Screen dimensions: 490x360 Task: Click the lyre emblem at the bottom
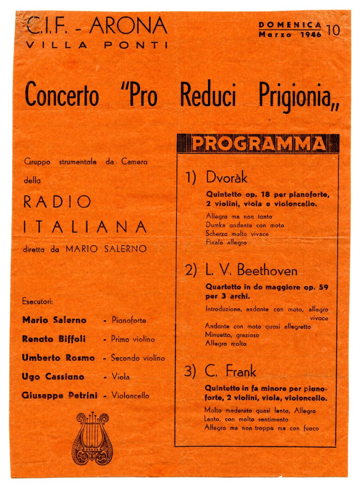(x=93, y=439)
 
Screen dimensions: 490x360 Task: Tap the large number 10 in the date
(x=333, y=31)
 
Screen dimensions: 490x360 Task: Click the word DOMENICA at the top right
(x=290, y=25)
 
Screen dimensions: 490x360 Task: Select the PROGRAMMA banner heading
(x=258, y=143)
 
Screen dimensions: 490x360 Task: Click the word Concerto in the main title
(x=62, y=95)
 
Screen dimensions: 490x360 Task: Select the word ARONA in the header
(x=128, y=27)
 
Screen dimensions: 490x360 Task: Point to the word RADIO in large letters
(x=57, y=201)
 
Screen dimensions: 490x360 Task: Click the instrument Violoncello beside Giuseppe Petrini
(x=130, y=395)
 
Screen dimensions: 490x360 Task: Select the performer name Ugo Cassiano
(x=53, y=376)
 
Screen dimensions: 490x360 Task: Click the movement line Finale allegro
(x=226, y=242)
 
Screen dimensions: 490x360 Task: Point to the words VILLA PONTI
(x=96, y=45)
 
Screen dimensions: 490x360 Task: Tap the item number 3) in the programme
(x=190, y=372)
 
